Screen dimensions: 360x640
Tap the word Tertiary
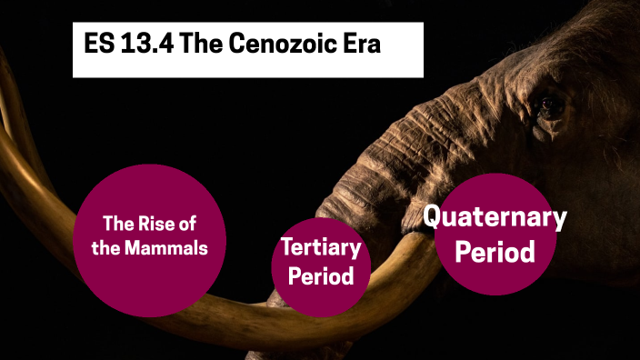coord(321,246)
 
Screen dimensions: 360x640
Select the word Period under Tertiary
coord(321,275)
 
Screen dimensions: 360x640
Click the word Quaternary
coord(495,217)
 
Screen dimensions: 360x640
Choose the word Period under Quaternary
coord(495,252)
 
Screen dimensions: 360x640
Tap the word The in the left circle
coord(120,223)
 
